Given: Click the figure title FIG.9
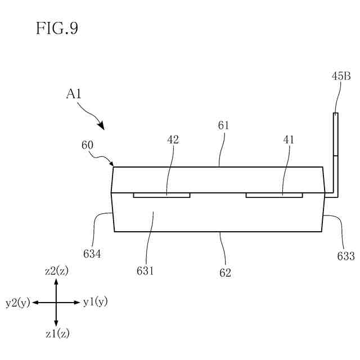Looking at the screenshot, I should [57, 29].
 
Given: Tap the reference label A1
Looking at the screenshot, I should [74, 94].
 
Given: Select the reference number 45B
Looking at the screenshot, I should [341, 77].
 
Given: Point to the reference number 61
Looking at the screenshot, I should [223, 125].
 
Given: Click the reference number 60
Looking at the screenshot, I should [88, 145].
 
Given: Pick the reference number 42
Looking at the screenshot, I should [173, 139].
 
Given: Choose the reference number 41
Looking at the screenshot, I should [289, 139].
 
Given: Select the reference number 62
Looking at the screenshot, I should [226, 273].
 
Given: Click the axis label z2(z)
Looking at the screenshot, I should [56, 271].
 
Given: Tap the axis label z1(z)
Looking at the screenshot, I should [56, 334].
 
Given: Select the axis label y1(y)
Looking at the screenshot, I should [95, 302].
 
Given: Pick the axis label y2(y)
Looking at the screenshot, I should [17, 303].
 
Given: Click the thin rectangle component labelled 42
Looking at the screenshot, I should [161, 195].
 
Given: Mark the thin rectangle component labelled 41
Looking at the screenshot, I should [274, 195].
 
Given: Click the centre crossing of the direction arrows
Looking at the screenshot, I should [56, 303].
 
